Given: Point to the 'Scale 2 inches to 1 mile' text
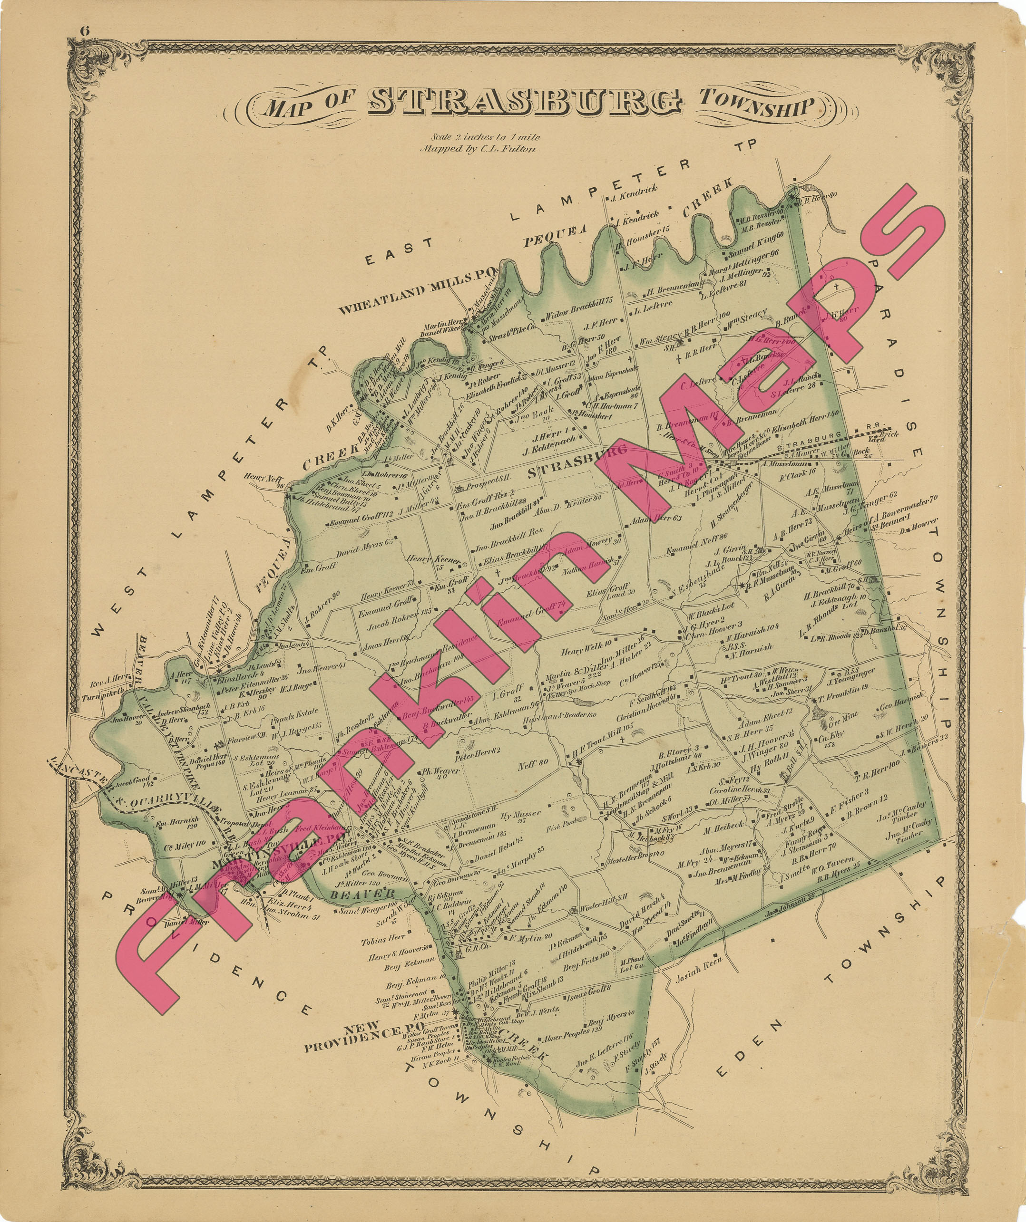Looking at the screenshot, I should (x=485, y=137).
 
